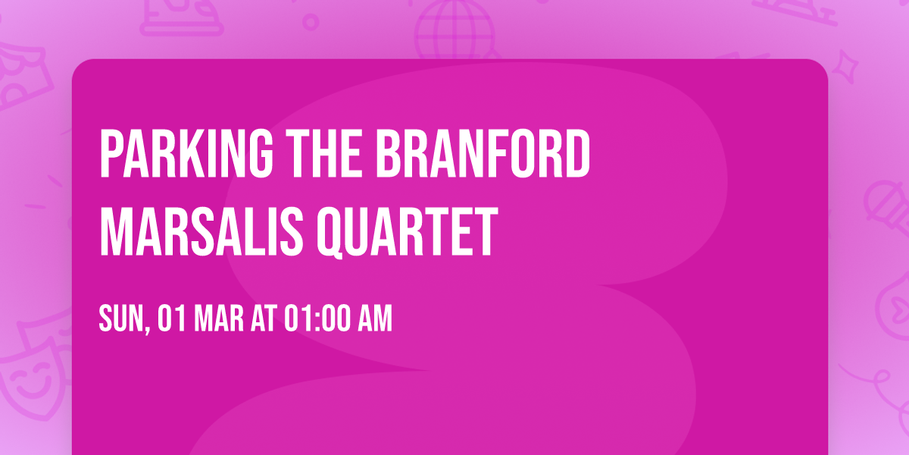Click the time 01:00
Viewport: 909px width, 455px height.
click(317, 319)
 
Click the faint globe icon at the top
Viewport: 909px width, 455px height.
click(452, 27)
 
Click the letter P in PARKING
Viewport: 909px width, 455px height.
click(111, 154)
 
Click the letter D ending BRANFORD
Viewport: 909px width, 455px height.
click(577, 154)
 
